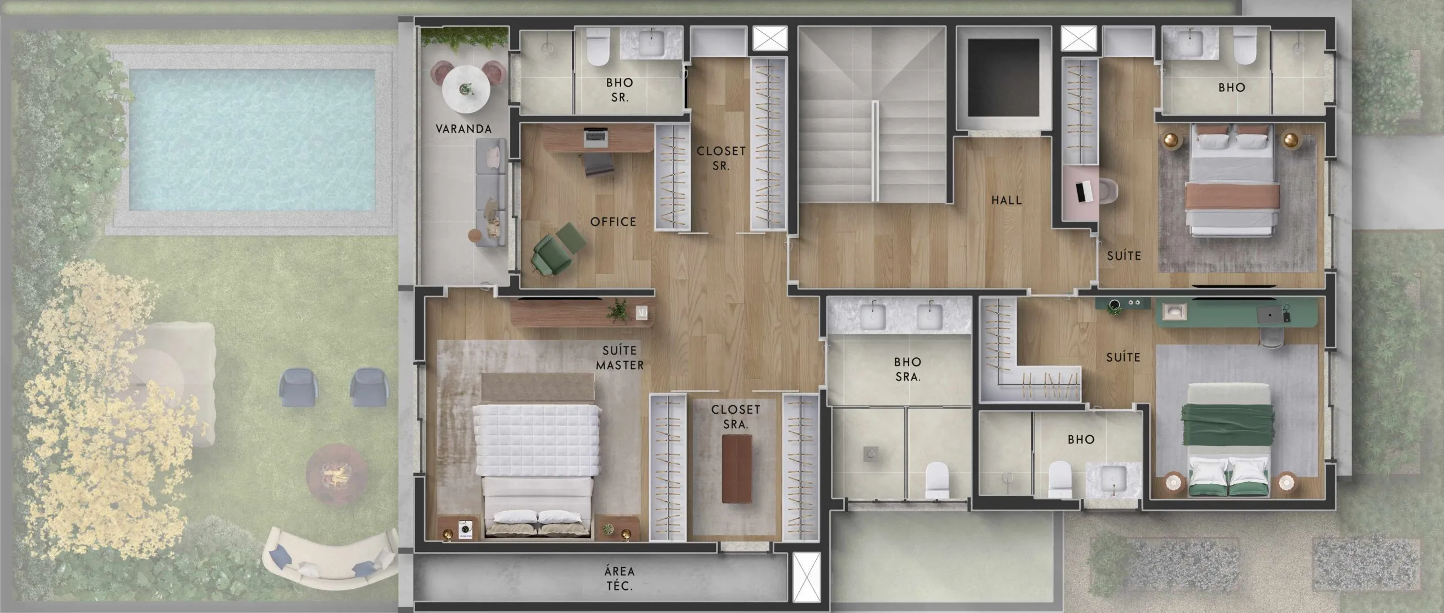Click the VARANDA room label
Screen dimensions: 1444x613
point(464,129)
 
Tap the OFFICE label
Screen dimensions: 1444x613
point(613,222)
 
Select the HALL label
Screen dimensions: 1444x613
point(1007,200)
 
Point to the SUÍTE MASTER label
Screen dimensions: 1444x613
point(620,358)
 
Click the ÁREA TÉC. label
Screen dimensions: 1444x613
point(619,578)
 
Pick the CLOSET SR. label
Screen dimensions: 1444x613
point(721,159)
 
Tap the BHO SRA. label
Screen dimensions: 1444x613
point(908,369)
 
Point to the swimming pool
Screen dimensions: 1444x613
point(252,139)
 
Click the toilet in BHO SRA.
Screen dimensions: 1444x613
point(937,480)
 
